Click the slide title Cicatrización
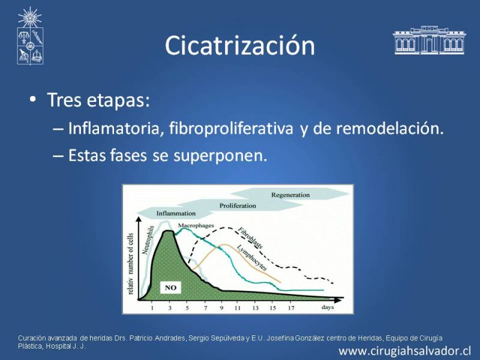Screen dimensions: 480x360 (x=239, y=46)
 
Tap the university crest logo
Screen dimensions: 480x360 (x=30, y=36)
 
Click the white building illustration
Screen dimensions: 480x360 (x=429, y=40)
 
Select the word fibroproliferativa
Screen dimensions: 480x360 (x=231, y=128)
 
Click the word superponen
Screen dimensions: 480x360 (x=220, y=155)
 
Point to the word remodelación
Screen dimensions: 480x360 (x=389, y=128)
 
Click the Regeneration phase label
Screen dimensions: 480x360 (x=290, y=195)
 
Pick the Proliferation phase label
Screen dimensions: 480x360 (x=238, y=206)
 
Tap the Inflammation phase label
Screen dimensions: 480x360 (x=176, y=214)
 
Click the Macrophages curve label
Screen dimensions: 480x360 (x=196, y=226)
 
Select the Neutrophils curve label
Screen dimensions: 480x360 (x=148, y=240)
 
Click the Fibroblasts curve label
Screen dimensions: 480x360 (x=250, y=238)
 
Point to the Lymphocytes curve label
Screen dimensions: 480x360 (x=252, y=257)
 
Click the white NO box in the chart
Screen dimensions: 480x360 (x=170, y=288)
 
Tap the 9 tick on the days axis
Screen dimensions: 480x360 (x=221, y=308)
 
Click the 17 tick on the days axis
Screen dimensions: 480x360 (x=291, y=308)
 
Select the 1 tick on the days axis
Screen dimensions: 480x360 (x=152, y=308)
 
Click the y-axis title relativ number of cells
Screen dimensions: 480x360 (x=131, y=264)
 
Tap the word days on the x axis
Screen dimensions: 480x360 (x=328, y=307)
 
